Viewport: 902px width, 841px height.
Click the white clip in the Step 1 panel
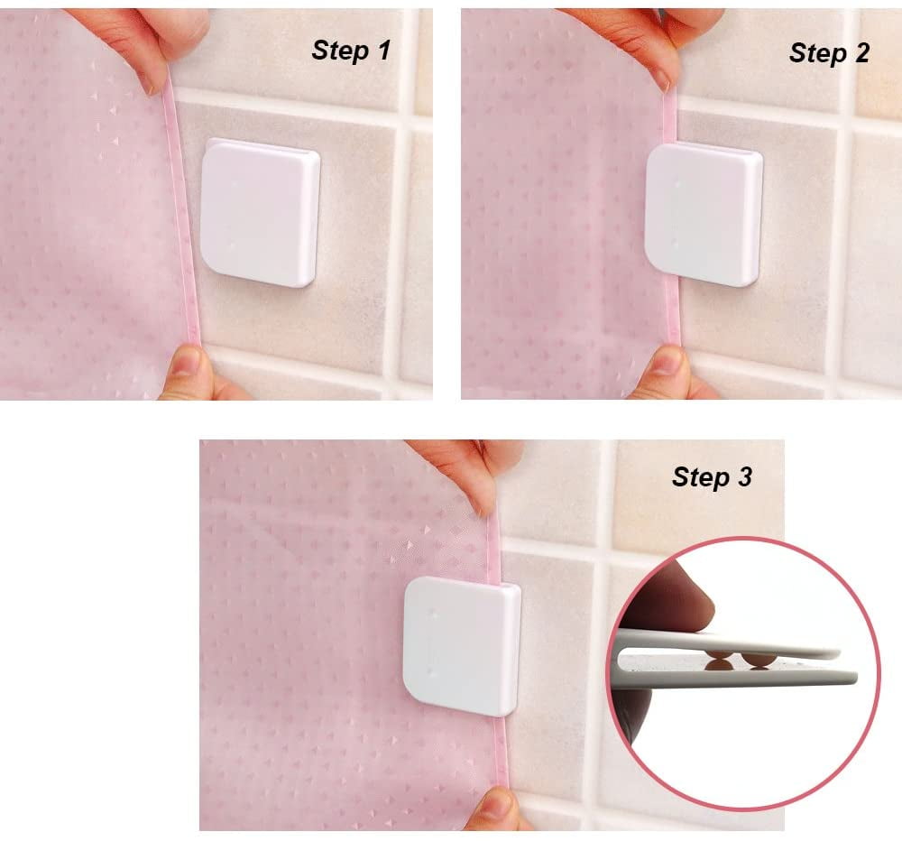pyautogui.click(x=260, y=212)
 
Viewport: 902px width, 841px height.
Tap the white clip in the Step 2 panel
pyautogui.click(x=704, y=214)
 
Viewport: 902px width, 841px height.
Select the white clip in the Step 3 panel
pyautogui.click(x=463, y=646)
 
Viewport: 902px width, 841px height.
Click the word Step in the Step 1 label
pyautogui.click(x=340, y=51)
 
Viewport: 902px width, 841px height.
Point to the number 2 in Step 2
pyautogui.click(x=861, y=53)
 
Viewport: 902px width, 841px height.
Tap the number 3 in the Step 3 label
pyautogui.click(x=745, y=476)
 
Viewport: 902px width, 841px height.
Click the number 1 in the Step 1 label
pyautogui.click(x=384, y=50)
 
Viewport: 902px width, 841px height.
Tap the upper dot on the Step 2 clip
pyautogui.click(x=677, y=184)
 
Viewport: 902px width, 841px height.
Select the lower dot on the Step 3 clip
pyautogui.click(x=433, y=671)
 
